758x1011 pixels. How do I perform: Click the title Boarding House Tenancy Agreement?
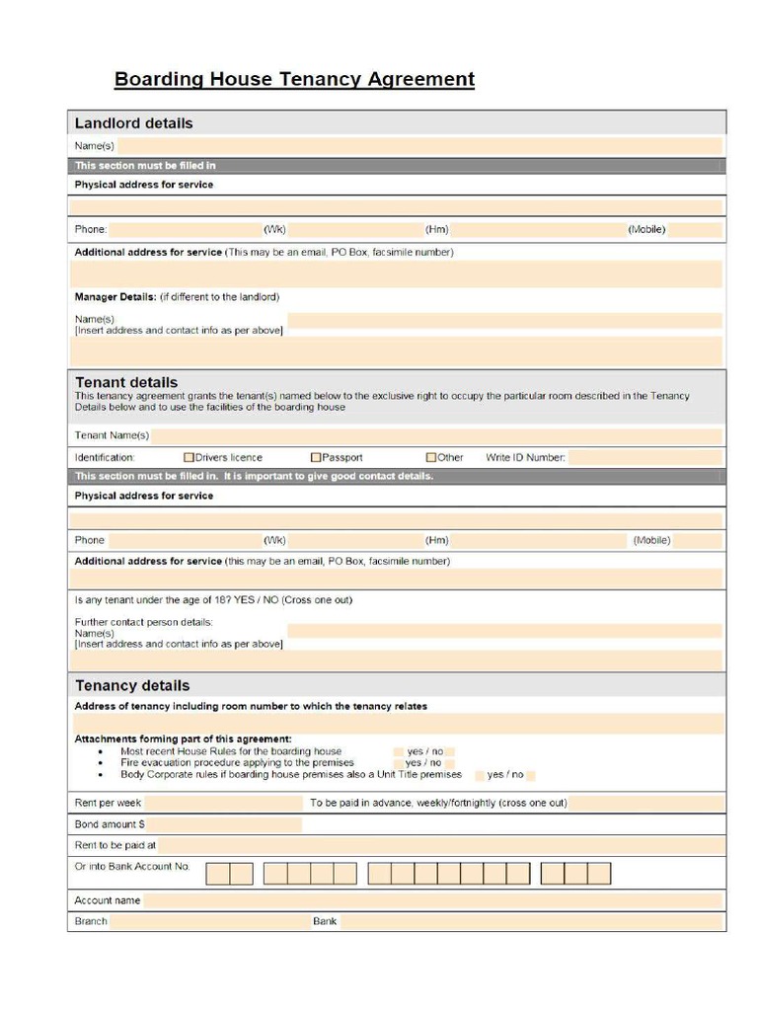pos(294,79)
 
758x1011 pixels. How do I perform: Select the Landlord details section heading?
pos(133,123)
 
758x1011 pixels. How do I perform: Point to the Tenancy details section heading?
pos(132,685)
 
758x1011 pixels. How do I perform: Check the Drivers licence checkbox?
pos(189,457)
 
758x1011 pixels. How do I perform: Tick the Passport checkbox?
pos(316,457)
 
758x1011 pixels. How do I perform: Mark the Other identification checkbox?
pos(431,457)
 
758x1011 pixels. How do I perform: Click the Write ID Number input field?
pos(644,457)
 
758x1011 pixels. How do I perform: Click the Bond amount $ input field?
pos(224,824)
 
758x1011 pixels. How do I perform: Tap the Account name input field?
pos(432,900)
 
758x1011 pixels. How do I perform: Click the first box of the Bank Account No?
pos(217,874)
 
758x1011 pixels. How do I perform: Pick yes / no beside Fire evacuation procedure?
pos(423,763)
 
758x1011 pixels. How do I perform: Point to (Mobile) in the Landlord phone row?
pos(646,230)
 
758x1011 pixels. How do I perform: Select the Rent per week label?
pos(109,803)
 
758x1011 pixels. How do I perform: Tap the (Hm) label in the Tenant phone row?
pos(436,540)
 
